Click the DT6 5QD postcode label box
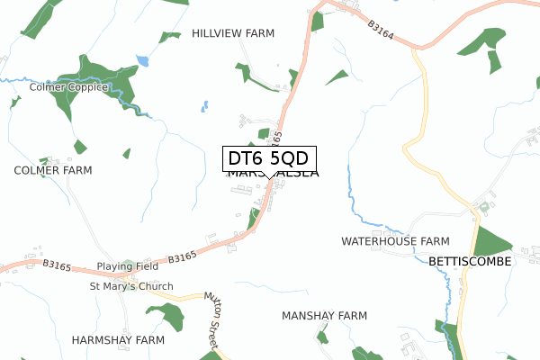[x=270, y=158]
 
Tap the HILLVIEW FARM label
[x=233, y=33]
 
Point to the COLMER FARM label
[x=53, y=170]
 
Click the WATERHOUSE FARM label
[x=395, y=242]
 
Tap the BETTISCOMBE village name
[x=470, y=261]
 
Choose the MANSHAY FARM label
[x=324, y=316]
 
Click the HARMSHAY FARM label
[x=119, y=340]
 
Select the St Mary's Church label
[x=130, y=287]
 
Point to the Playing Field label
[x=128, y=267]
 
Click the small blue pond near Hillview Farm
[x=142, y=61]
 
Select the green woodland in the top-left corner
[x=36, y=16]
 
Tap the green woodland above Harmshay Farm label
[x=166, y=315]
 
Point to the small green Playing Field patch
[x=127, y=264]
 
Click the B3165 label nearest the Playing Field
[x=181, y=257]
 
